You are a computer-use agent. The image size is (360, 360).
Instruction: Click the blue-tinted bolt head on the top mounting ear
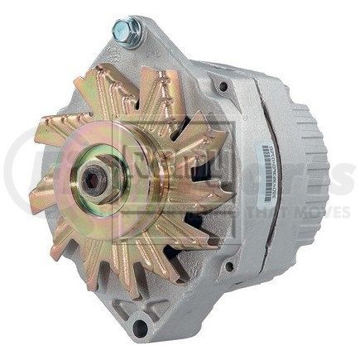[127, 31]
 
